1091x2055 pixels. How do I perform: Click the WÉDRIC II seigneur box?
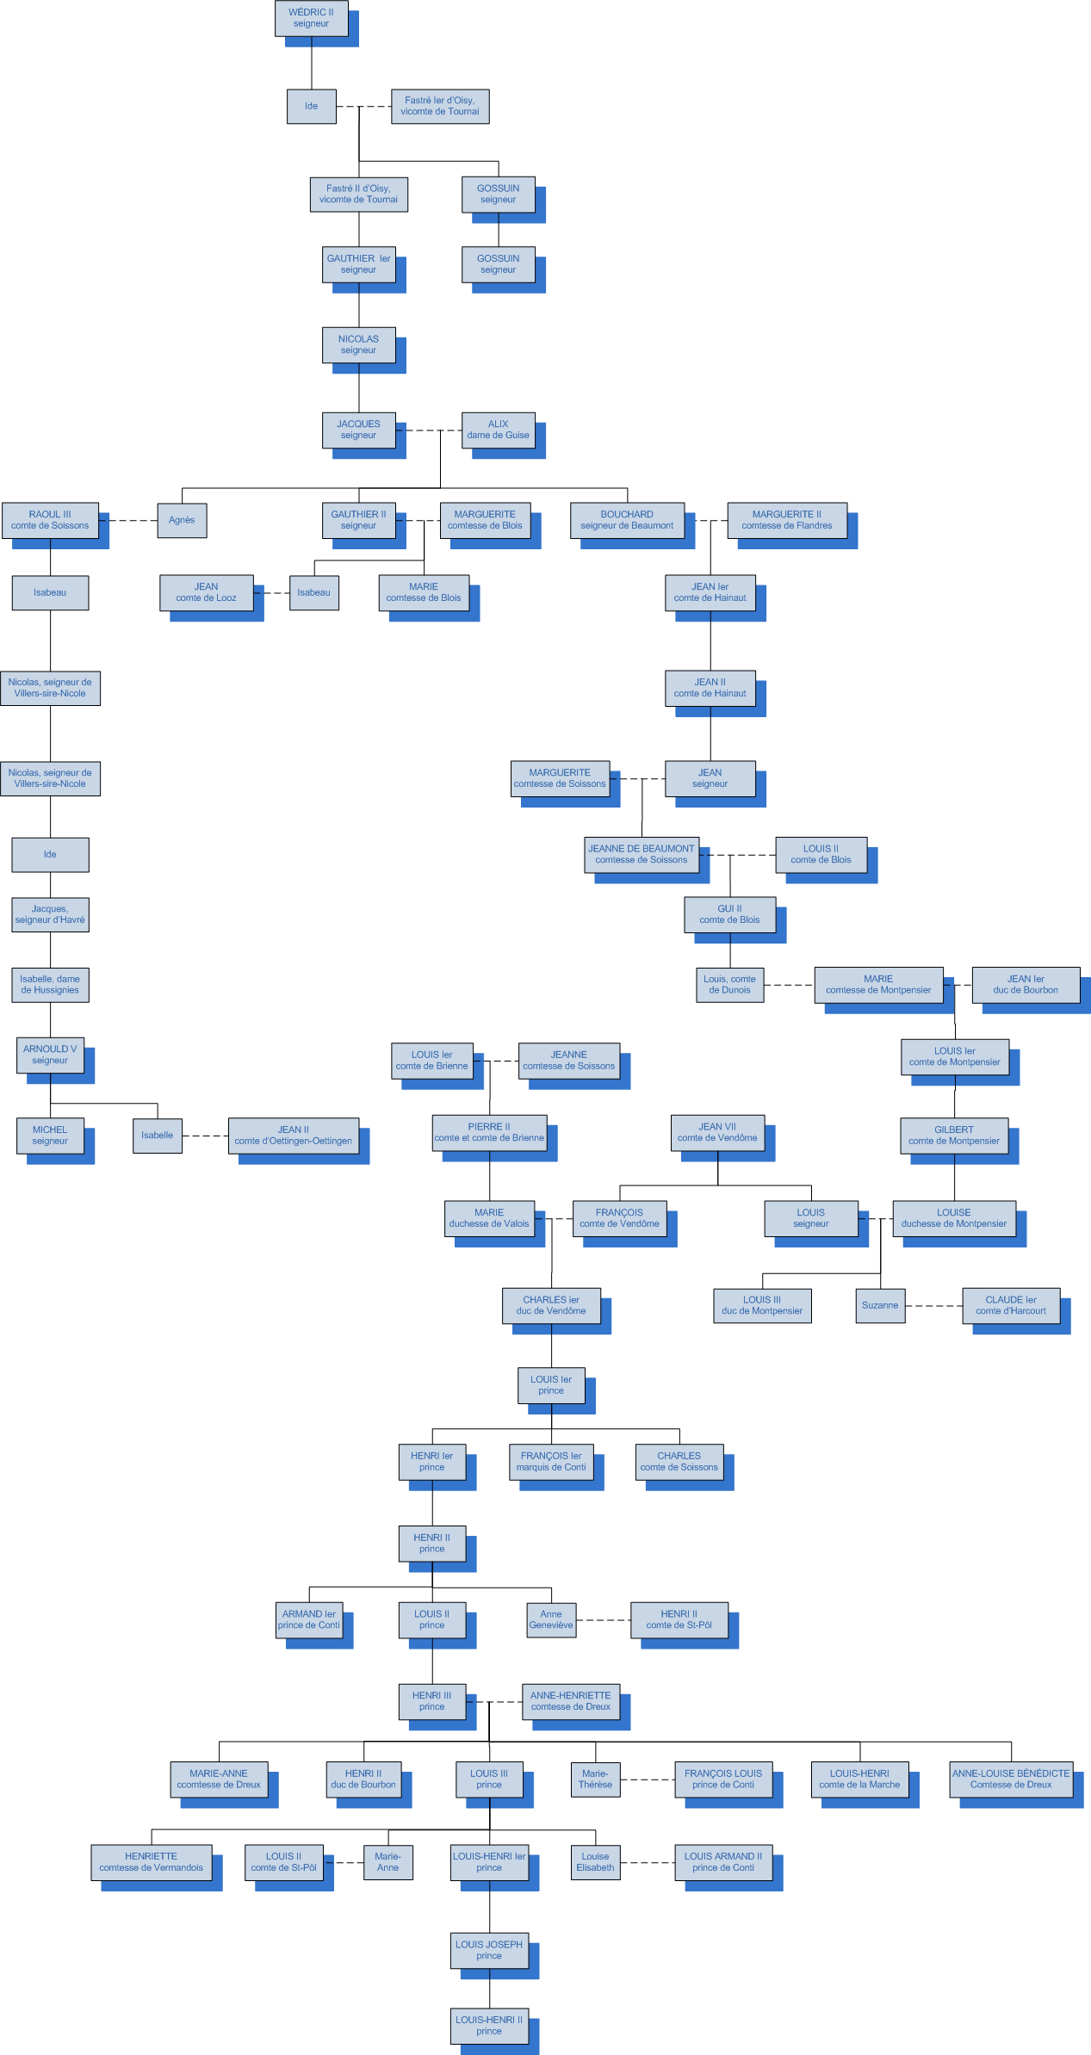tap(311, 18)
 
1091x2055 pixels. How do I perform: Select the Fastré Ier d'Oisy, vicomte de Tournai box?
tap(440, 106)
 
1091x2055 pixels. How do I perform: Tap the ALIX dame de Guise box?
tap(498, 430)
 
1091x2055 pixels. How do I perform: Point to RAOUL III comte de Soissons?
tap(50, 520)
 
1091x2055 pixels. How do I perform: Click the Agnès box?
tap(182, 520)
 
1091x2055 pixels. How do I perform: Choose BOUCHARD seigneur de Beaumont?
tap(627, 520)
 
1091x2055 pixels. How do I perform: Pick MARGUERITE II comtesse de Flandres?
tap(787, 520)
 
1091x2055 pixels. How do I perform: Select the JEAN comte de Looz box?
tap(207, 592)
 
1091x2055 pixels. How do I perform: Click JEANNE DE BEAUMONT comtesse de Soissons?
tap(642, 854)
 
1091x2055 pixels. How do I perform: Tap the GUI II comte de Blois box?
tap(729, 914)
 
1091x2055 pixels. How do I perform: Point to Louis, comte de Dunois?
tap(729, 985)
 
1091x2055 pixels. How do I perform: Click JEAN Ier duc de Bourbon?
tap(1026, 985)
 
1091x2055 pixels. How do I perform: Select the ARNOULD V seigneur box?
tap(50, 1055)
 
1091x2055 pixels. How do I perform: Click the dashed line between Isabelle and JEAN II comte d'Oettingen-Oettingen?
tap(205, 1136)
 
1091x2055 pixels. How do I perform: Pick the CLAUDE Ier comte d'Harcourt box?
tap(1011, 1305)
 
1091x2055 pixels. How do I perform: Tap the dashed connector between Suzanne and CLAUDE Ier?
tap(933, 1306)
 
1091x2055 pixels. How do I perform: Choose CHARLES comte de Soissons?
tap(679, 1462)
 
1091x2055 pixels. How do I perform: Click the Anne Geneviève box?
tap(551, 1620)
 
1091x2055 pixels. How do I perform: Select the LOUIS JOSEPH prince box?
tap(489, 1950)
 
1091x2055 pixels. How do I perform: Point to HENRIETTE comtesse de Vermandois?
tap(152, 1862)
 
